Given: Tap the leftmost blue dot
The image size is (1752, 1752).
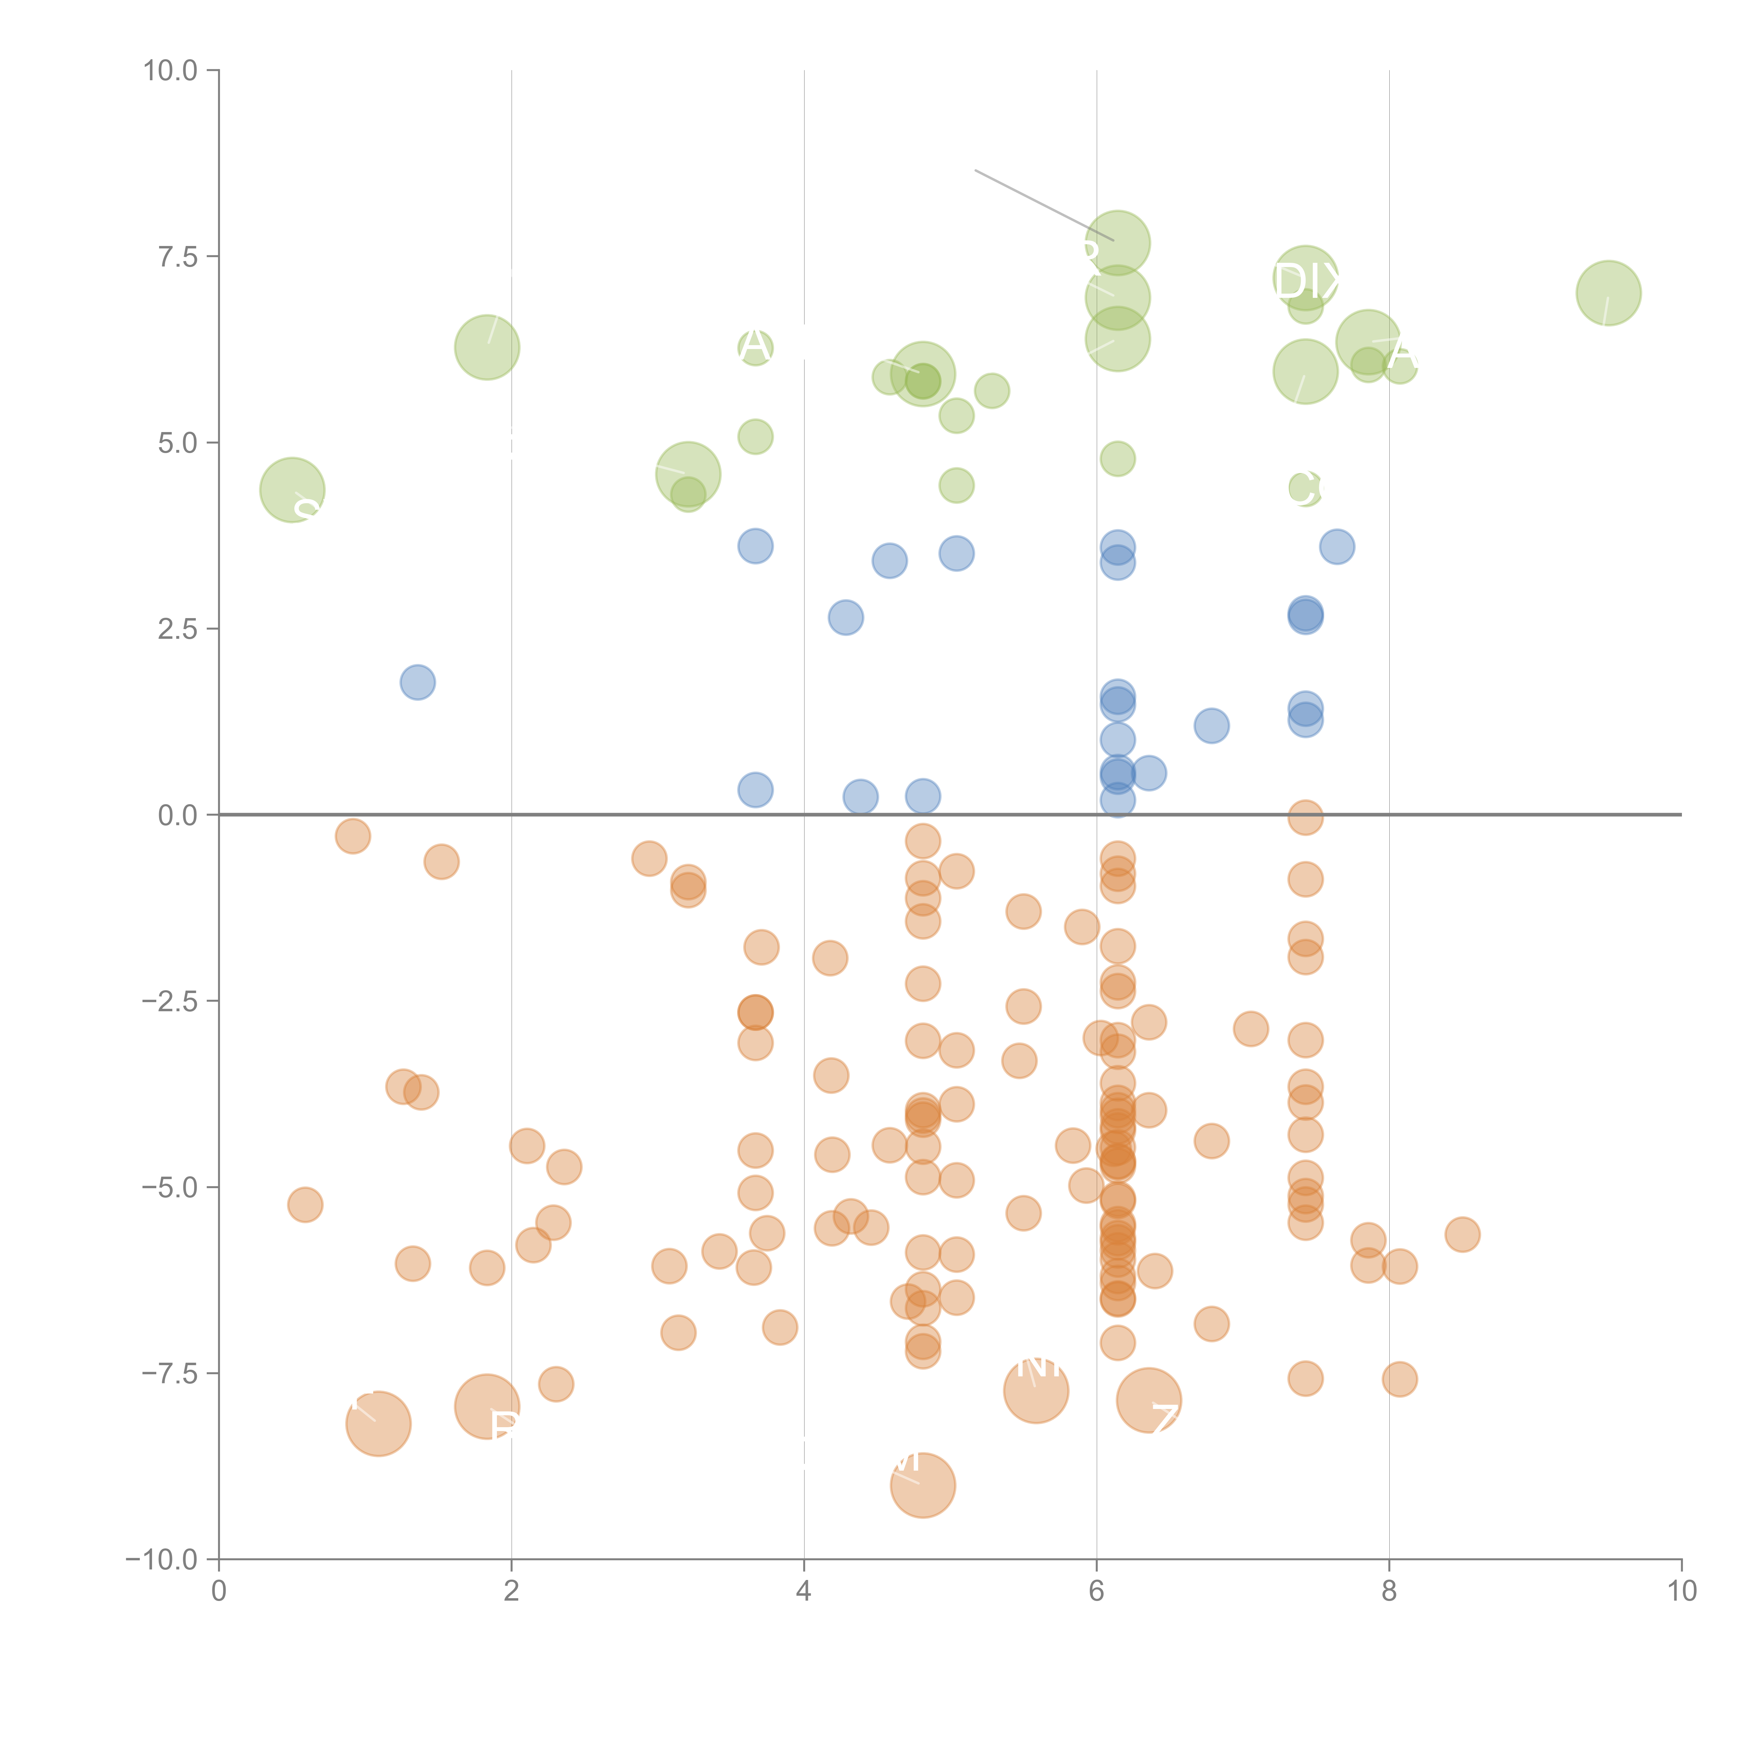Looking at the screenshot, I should (417, 682).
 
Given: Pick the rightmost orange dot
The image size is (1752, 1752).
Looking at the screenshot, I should (1462, 1234).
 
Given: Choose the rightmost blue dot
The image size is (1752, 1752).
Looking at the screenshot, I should (1337, 547).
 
